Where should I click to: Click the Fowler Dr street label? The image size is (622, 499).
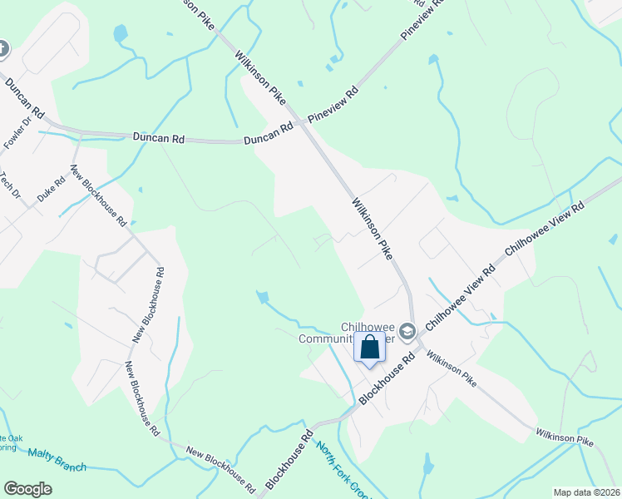click(17, 134)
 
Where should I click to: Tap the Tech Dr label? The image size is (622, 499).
click(11, 185)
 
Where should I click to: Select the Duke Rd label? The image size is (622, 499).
click(52, 191)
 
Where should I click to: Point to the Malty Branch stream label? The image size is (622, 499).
click(57, 459)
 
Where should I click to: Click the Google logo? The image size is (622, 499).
click(27, 488)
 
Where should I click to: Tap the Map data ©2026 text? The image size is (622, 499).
click(586, 492)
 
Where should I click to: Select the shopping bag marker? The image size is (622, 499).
click(370, 348)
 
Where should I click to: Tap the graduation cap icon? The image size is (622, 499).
click(407, 333)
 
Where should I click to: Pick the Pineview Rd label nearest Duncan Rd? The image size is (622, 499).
click(333, 103)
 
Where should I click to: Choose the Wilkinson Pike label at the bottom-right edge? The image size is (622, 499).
click(565, 437)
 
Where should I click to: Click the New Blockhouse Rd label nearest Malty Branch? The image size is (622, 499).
click(220, 466)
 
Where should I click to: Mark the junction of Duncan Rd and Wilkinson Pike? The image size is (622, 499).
click(302, 124)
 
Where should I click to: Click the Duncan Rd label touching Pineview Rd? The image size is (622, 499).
click(269, 135)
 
